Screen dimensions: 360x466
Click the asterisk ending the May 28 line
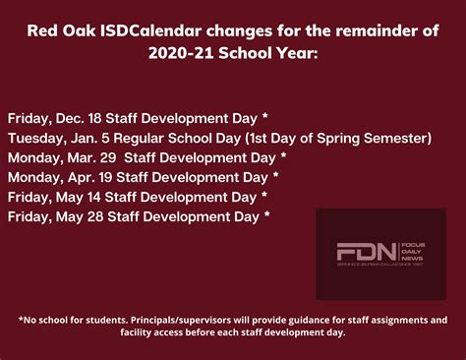[x=266, y=214]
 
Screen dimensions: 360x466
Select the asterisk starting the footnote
[x=21, y=320]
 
